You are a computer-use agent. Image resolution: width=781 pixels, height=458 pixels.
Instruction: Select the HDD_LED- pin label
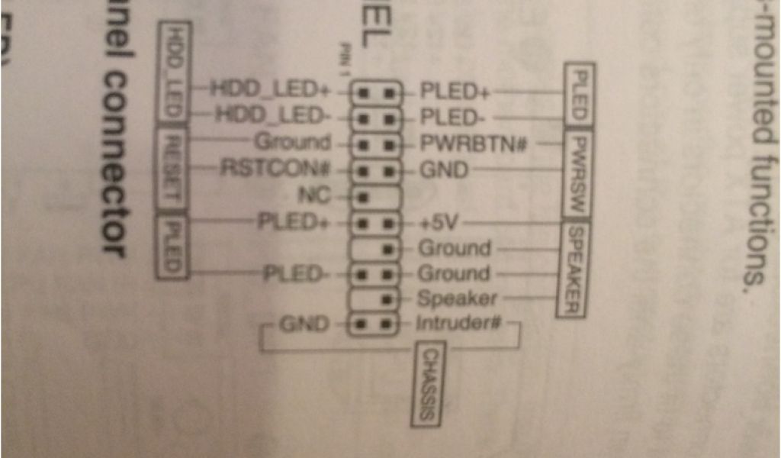272,116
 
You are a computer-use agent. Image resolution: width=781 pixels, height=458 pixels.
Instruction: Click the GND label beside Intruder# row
302,324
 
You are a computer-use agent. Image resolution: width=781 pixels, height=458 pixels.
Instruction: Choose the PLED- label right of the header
453,118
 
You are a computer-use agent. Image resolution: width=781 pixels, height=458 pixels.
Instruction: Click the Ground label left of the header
293,142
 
